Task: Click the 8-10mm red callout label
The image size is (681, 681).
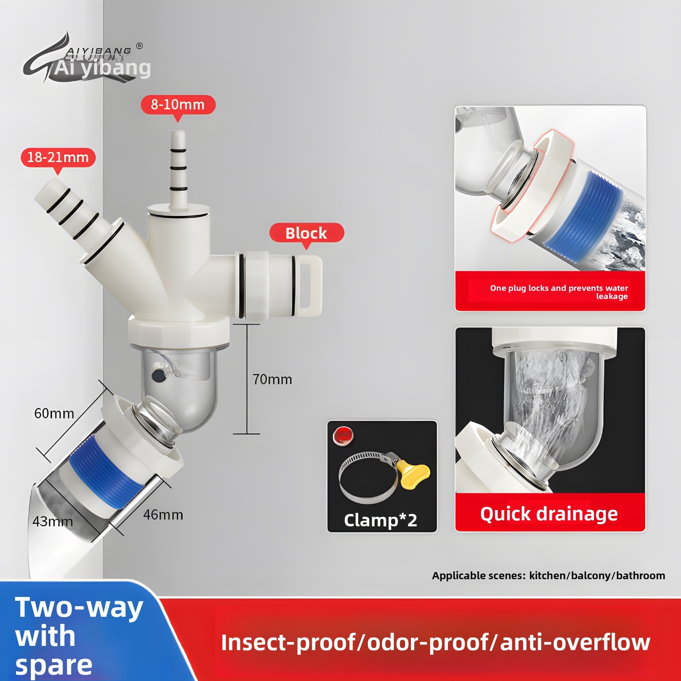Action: (x=178, y=105)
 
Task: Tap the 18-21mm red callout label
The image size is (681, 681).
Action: (x=58, y=157)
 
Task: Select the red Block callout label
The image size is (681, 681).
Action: (x=306, y=233)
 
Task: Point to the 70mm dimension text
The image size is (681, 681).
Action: (x=272, y=379)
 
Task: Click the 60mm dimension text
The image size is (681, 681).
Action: (x=54, y=413)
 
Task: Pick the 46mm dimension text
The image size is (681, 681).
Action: (x=163, y=515)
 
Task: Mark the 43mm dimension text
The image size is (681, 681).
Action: (x=52, y=521)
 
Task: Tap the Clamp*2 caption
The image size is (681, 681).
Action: (x=381, y=520)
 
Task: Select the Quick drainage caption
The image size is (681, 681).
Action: (x=549, y=514)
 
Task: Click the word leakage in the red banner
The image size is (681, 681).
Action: (x=612, y=297)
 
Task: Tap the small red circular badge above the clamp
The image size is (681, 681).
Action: (x=343, y=436)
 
